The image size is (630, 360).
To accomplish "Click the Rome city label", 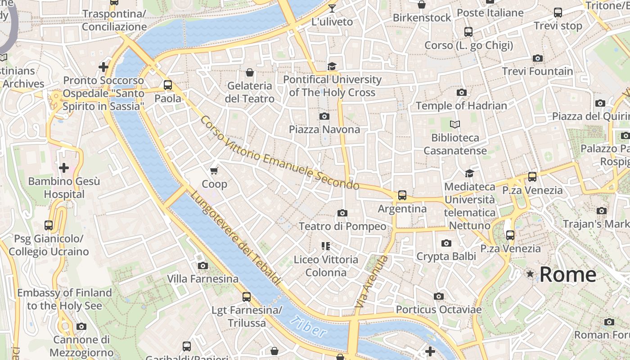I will tap(568, 274).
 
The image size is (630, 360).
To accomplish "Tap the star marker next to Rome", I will tap(531, 274).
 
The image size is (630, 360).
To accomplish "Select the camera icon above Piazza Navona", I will tap(324, 116).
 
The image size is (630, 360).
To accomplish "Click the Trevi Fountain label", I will tap(537, 71).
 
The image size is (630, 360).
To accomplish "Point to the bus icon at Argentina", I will tap(402, 195).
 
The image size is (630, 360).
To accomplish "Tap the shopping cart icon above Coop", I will tap(214, 171).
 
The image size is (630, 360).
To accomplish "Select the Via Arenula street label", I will tap(371, 282).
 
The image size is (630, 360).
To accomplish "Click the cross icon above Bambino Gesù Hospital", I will tap(64, 168).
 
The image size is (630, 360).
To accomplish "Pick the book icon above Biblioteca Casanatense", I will tap(455, 124).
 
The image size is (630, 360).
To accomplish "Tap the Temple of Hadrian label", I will tap(461, 106).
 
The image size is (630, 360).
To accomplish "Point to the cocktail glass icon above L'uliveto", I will tap(332, 8).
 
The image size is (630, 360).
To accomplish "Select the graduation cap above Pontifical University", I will tap(332, 67).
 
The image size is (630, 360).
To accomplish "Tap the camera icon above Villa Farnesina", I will tap(203, 265).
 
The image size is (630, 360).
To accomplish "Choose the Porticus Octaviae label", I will tap(438, 310).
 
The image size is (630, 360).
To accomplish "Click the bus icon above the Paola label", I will tap(168, 85).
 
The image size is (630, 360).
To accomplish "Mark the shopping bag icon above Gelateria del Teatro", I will tap(250, 72).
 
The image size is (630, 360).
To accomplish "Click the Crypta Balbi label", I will tap(446, 256).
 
